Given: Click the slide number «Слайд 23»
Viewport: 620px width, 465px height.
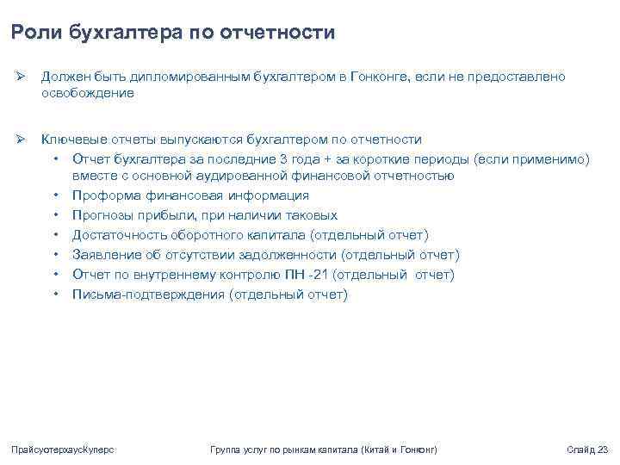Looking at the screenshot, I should coord(588,450).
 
